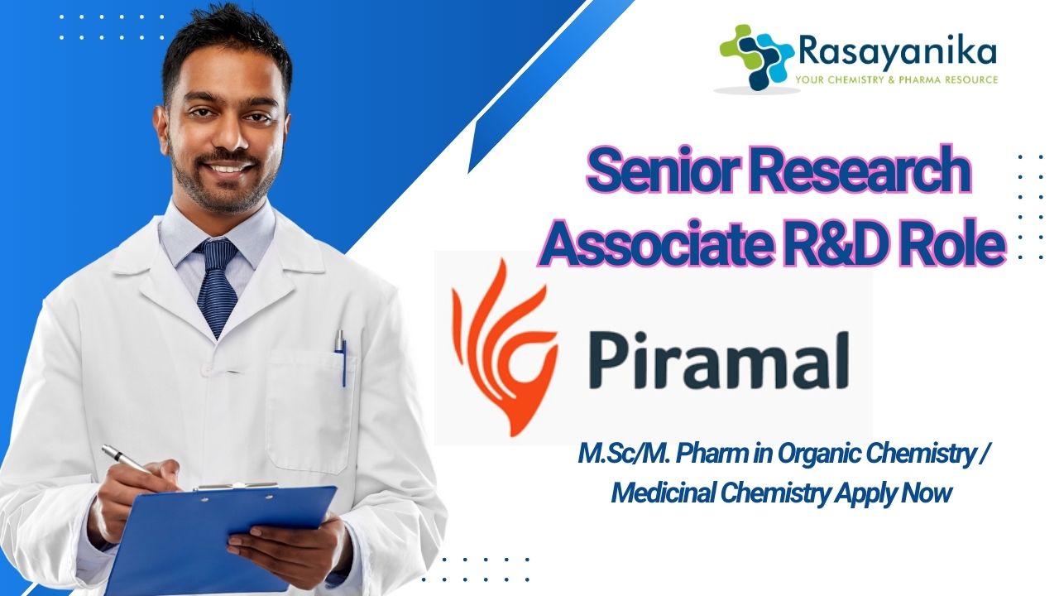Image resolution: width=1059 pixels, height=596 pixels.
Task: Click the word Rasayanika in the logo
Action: (898, 52)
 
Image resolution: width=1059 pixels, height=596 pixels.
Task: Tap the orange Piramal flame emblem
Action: (505, 348)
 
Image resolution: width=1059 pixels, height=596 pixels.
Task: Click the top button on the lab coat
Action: (205, 370)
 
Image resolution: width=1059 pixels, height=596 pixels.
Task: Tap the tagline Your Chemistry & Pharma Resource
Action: (896, 79)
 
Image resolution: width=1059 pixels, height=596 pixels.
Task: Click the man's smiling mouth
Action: (226, 167)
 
